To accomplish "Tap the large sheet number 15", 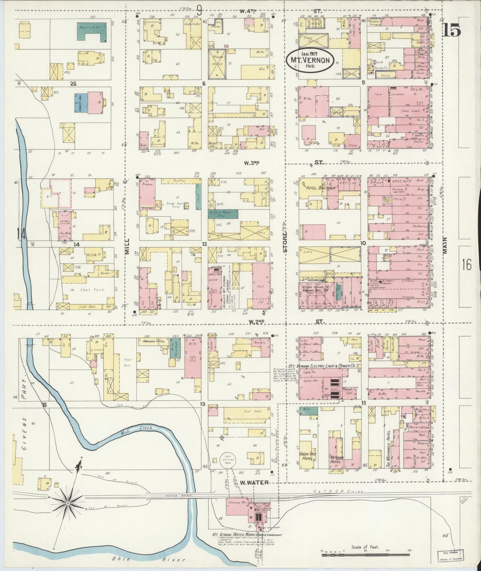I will [x=451, y=31].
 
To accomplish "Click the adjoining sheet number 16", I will [x=466, y=266].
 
